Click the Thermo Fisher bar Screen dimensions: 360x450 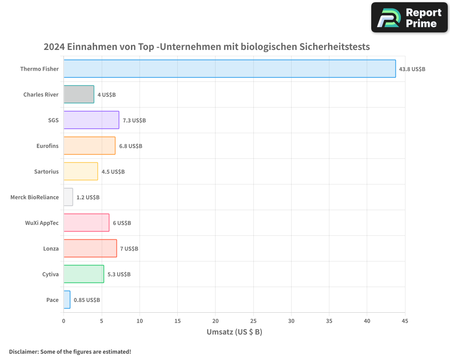[x=229, y=69]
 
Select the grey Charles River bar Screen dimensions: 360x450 [x=79, y=94]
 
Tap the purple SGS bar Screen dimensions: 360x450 [x=91, y=120]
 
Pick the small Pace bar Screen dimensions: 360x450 [x=67, y=300]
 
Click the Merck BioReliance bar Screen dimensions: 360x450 [x=68, y=197]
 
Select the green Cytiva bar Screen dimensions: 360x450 [x=84, y=274]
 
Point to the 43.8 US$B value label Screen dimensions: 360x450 [x=412, y=69]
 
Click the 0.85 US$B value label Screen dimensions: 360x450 [x=87, y=300]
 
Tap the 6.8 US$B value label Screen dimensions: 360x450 [x=130, y=146]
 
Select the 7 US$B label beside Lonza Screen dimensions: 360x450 [x=129, y=248]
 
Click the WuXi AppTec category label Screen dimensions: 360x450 [x=42, y=223]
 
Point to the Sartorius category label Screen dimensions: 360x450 [x=46, y=171]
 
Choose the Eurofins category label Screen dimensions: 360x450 [x=47, y=146]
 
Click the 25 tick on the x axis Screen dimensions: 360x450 [x=253, y=321]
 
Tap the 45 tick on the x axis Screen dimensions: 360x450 [x=405, y=321]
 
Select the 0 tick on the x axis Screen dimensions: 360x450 [x=63, y=321]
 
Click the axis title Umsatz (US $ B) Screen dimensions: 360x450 [x=234, y=332]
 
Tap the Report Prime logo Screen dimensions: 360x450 [x=409, y=17]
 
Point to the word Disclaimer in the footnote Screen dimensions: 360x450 [x=23, y=351]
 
